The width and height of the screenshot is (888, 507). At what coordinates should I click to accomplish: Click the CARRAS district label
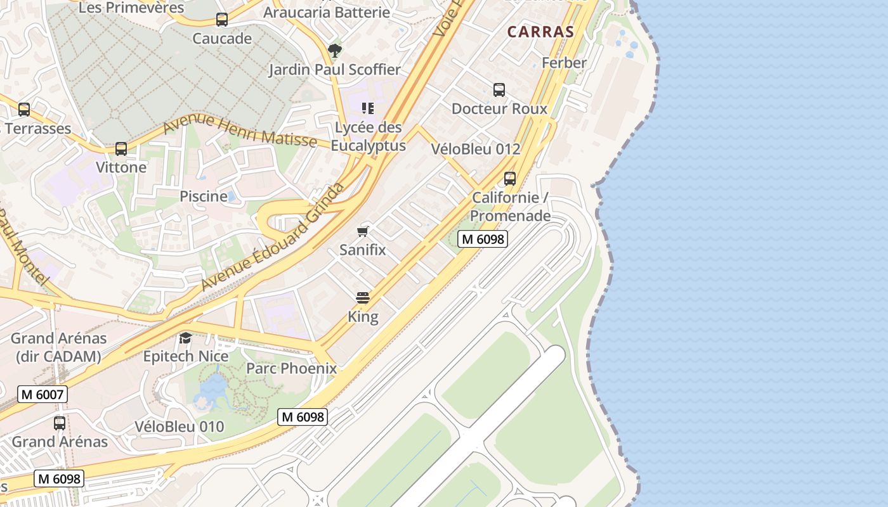(x=540, y=32)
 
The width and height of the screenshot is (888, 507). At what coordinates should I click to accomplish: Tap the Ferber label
(x=564, y=63)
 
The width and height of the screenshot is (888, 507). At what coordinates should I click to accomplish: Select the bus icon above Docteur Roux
(x=499, y=90)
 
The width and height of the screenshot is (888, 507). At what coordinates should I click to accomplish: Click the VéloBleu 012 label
(x=475, y=150)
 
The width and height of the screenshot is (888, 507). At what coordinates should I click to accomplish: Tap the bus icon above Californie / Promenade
(x=510, y=179)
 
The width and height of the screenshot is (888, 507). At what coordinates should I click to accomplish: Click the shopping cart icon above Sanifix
(x=363, y=231)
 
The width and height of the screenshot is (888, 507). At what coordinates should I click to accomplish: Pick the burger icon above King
(x=363, y=298)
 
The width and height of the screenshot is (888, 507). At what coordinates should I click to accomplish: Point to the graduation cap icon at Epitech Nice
(x=185, y=338)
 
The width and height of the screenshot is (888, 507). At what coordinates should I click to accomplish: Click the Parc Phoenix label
(x=291, y=368)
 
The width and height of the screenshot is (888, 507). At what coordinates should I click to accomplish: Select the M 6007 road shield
(x=42, y=394)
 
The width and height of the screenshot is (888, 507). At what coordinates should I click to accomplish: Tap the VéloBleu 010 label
(x=180, y=427)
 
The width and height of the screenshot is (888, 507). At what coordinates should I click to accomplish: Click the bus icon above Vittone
(x=121, y=150)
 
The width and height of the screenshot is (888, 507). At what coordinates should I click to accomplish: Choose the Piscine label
(x=203, y=196)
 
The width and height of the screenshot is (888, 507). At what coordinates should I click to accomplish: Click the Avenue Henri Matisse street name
(x=239, y=132)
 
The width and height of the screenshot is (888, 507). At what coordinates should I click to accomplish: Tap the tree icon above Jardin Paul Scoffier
(x=334, y=50)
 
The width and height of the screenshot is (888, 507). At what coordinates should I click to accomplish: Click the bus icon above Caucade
(x=221, y=20)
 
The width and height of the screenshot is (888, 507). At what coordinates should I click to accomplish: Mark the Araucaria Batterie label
(x=327, y=12)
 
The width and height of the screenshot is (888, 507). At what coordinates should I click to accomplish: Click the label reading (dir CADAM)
(x=58, y=357)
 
